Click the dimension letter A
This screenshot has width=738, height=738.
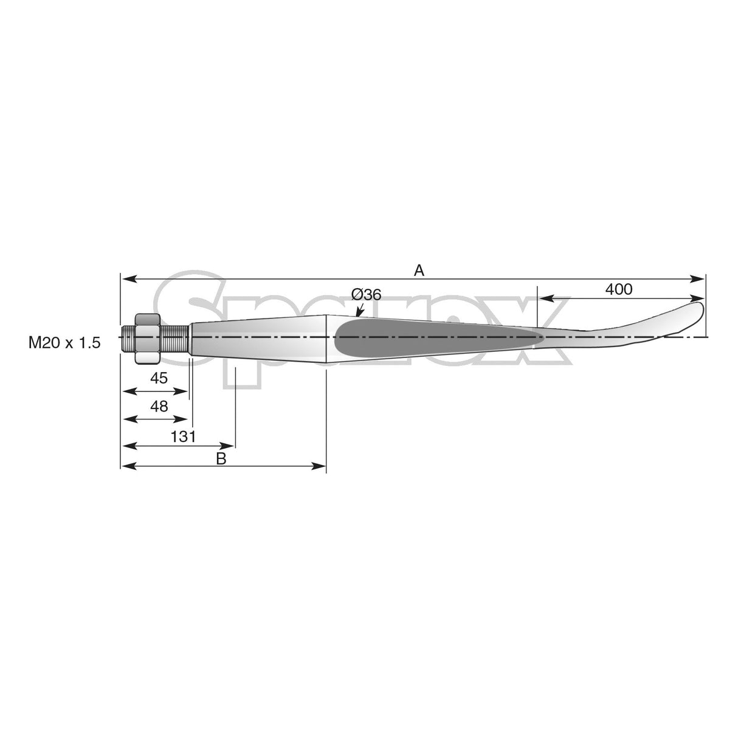(419, 271)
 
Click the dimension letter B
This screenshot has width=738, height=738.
(221, 458)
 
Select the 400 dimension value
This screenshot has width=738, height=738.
(619, 289)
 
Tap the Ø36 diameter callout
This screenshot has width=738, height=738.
(367, 294)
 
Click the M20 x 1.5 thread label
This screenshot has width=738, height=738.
(64, 343)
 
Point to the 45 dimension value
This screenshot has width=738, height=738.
(159, 378)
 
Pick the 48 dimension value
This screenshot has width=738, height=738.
(159, 406)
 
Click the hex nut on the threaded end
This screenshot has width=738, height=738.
(147, 338)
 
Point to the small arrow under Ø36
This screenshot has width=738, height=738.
(360, 311)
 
